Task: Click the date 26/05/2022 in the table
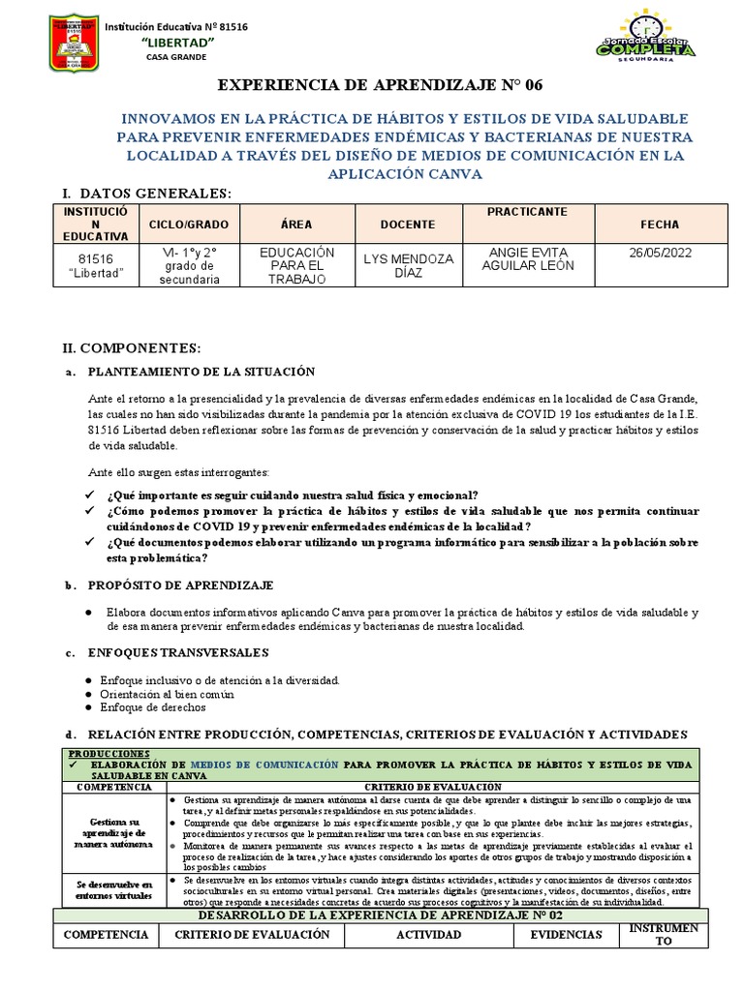pyautogui.click(x=660, y=252)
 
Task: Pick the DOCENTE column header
pyautogui.click(x=407, y=225)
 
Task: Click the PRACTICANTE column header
pyautogui.click(x=527, y=211)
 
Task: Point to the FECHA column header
pyautogui.click(x=660, y=225)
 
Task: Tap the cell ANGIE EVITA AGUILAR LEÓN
pyautogui.click(x=527, y=258)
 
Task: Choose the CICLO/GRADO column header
pyautogui.click(x=189, y=225)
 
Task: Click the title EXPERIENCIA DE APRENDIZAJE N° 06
pyautogui.click(x=372, y=85)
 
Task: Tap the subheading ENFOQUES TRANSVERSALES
pyautogui.click(x=178, y=652)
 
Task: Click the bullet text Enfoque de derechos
pyautogui.click(x=152, y=707)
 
